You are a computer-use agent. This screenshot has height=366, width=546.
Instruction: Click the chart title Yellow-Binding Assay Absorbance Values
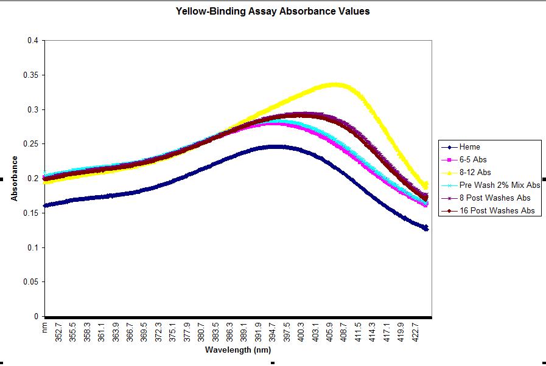coord(272,11)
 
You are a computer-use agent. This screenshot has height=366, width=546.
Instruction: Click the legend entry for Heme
coord(470,147)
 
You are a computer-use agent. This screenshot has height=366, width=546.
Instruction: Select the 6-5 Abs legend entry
coord(474,160)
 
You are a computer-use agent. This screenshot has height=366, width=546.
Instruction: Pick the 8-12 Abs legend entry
coord(475,173)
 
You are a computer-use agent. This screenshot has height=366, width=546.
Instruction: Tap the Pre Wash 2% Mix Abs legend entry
coord(500,185)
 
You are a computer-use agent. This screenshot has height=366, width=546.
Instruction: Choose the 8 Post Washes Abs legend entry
coord(495,198)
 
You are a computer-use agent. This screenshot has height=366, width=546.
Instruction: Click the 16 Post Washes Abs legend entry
coord(497,211)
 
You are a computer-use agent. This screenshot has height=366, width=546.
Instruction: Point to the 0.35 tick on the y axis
coord(32,75)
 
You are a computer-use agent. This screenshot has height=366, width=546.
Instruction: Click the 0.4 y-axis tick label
coord(34,41)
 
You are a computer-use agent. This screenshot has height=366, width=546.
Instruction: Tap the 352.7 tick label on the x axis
coord(58,333)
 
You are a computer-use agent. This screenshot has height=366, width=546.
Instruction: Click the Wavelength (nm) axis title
coord(238,350)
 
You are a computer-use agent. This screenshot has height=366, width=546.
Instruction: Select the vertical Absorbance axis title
coord(13,179)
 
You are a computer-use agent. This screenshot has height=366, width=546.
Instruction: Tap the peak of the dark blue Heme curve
coord(275,147)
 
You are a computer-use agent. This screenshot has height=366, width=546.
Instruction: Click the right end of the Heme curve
coord(426,228)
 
